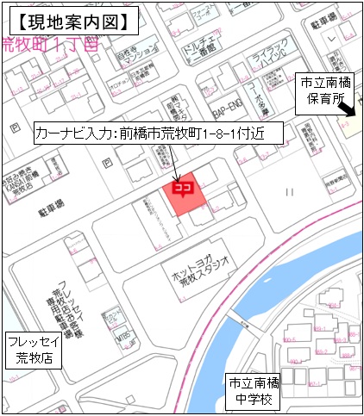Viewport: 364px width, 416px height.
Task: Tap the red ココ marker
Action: [x=183, y=185]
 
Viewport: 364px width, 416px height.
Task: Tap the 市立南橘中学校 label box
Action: [x=251, y=392]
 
